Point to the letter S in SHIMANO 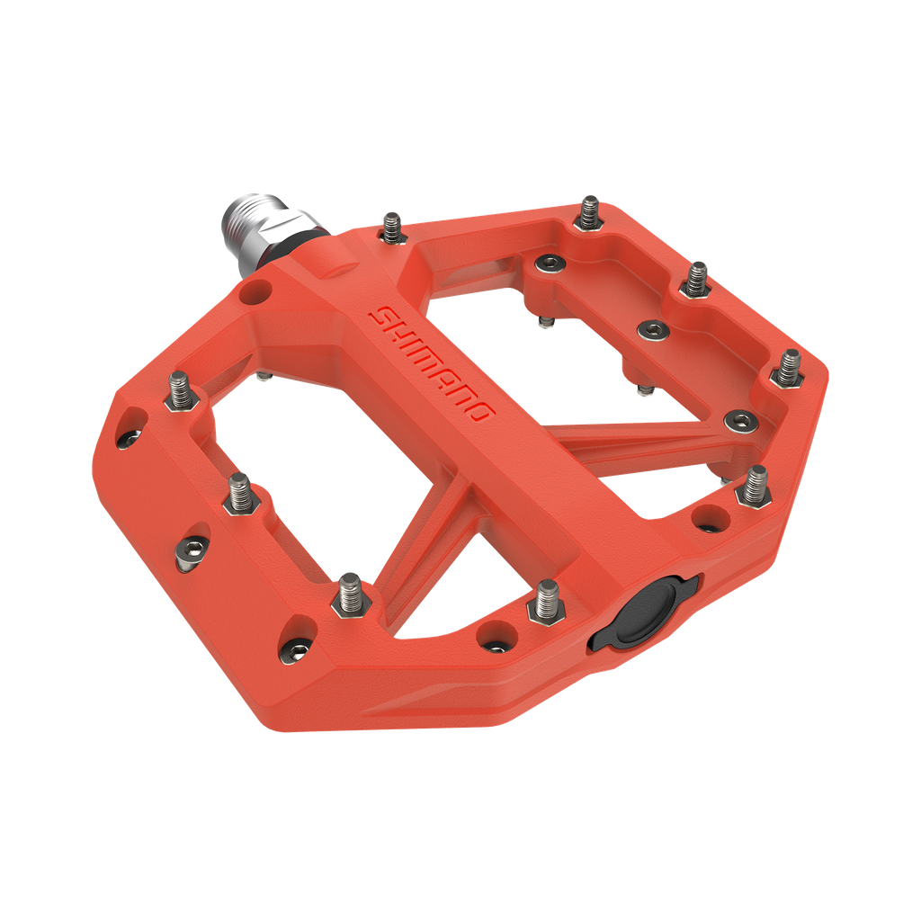pos(382,316)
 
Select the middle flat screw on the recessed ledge pos(651,330)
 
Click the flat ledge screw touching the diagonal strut pos(740,418)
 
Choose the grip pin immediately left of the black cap pos(544,601)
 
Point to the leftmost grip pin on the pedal pos(181,392)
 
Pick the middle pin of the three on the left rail pos(240,492)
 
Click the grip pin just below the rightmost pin pos(754,485)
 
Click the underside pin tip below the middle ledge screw pos(645,391)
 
